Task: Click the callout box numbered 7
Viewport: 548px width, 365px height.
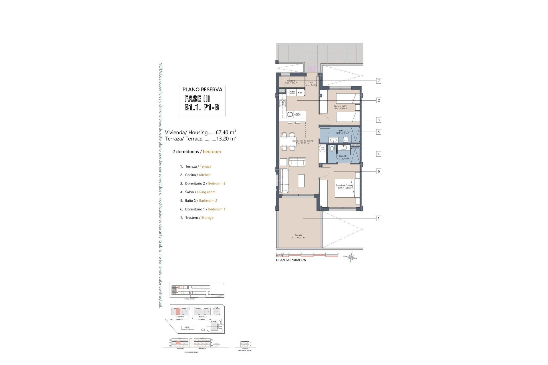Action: click(x=379, y=81)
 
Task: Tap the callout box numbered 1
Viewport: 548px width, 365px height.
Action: click(x=379, y=218)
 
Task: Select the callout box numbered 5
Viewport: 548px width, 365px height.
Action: click(x=379, y=132)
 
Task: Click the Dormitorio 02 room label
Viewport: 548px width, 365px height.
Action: click(x=340, y=107)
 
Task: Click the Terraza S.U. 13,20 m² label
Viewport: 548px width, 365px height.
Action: click(x=298, y=236)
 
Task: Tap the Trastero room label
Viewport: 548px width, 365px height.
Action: click(x=291, y=82)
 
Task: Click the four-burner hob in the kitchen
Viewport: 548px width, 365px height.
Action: click(x=82, y=103)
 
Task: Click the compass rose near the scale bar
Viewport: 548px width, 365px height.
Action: click(x=350, y=257)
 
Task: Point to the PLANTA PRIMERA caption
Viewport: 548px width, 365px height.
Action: click(x=291, y=260)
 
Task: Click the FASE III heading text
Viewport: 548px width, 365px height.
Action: click(x=197, y=99)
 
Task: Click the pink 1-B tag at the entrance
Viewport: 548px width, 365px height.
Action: click(x=312, y=69)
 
